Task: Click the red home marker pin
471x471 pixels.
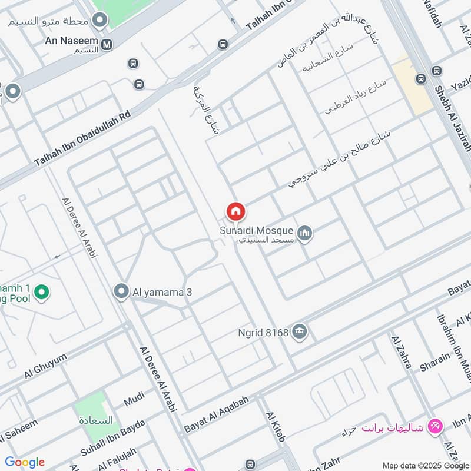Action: [x=235, y=211]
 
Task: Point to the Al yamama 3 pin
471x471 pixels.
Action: [x=121, y=291]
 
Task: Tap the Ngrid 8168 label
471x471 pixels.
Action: [x=264, y=333]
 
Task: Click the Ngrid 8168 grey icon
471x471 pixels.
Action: [x=300, y=332]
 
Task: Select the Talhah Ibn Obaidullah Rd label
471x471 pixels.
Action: [x=81, y=137]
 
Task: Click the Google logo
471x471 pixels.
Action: [x=25, y=462]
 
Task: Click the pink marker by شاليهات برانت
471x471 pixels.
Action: [x=435, y=425]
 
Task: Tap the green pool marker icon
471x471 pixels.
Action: [x=41, y=291]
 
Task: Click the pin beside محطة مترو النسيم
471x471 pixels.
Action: [x=100, y=21]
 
